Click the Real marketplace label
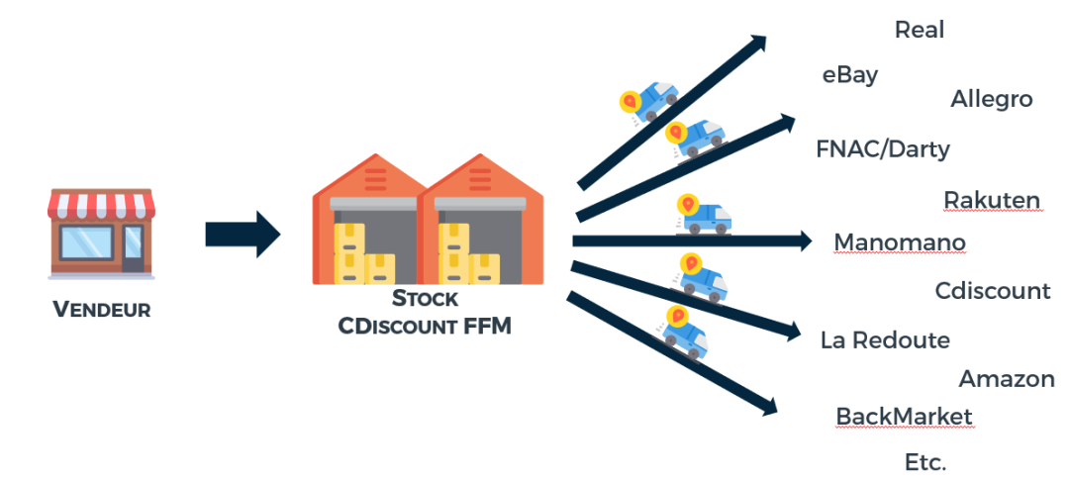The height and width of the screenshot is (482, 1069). point(919,30)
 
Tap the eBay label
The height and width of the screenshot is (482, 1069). point(849,74)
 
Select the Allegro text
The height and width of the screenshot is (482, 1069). point(991,99)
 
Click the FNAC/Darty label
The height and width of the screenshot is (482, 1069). point(882,149)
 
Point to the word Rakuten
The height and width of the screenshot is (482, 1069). point(991,201)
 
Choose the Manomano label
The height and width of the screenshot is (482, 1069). point(899,242)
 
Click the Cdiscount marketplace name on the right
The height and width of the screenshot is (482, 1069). point(992,291)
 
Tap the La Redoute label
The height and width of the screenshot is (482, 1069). point(884,340)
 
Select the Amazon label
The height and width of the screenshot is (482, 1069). point(1006,379)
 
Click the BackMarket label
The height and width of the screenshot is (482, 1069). point(904,417)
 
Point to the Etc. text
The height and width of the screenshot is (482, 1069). point(925,462)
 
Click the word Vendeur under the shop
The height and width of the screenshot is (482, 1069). point(101,310)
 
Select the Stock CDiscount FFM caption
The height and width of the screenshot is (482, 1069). point(425,311)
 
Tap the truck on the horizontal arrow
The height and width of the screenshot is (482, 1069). point(703,216)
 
